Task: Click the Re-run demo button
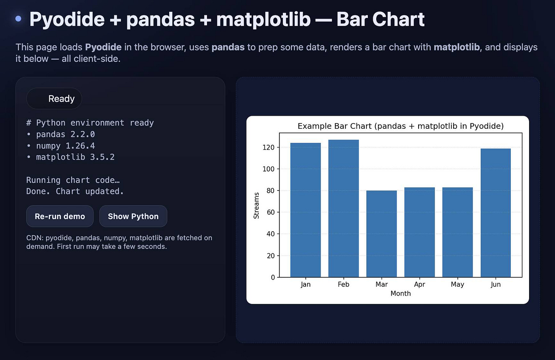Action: tap(60, 216)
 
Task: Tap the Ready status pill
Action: tap(54, 99)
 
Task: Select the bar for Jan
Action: tap(305, 210)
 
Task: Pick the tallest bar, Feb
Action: tap(343, 208)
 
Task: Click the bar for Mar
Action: tap(382, 234)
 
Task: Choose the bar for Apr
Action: tap(419, 232)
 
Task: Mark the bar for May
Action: tap(457, 232)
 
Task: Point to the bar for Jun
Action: tap(496, 213)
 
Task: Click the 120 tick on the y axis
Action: tap(268, 147)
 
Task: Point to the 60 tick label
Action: tap(271, 212)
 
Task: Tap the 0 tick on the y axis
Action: tap(273, 277)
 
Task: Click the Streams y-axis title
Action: tap(257, 205)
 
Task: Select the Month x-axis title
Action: tap(401, 293)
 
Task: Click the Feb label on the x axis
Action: tap(343, 284)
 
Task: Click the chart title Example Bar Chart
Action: tap(400, 126)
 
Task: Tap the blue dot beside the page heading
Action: tap(18, 19)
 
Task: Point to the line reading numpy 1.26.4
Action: tap(65, 146)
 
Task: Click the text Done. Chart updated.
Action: tap(75, 191)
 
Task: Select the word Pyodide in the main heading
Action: tap(67, 19)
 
